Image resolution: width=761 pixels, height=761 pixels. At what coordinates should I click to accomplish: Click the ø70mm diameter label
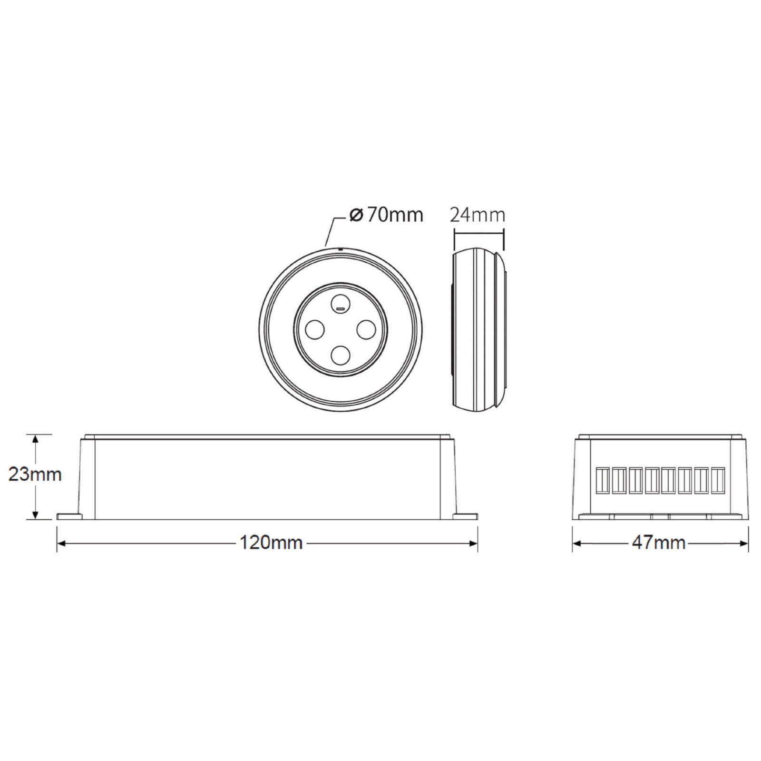click(x=386, y=215)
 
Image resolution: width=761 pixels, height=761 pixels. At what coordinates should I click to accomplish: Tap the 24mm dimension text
click(x=477, y=215)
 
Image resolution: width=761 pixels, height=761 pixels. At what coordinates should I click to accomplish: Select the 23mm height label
click(x=35, y=474)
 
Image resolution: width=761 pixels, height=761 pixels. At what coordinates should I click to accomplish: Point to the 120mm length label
click(x=271, y=543)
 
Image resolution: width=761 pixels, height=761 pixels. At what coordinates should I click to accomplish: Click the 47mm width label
click(x=659, y=543)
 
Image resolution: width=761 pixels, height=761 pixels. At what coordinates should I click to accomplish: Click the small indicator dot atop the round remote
click(x=341, y=248)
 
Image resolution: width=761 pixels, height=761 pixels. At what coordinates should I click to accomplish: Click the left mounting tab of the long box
click(x=69, y=516)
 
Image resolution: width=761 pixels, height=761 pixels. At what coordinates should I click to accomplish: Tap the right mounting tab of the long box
click(x=465, y=516)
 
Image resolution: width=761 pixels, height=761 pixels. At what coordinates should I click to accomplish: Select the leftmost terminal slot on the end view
click(x=603, y=480)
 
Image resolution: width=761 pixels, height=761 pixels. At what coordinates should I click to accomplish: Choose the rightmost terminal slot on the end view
click(x=718, y=480)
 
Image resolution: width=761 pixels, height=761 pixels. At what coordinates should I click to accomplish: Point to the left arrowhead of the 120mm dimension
click(x=61, y=543)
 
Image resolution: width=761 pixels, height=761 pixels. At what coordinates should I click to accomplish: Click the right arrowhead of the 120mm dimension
click(x=474, y=543)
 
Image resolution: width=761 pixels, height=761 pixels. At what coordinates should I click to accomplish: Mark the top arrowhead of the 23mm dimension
click(x=35, y=438)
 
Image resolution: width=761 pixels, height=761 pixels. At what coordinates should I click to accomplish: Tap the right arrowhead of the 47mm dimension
click(x=744, y=543)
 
